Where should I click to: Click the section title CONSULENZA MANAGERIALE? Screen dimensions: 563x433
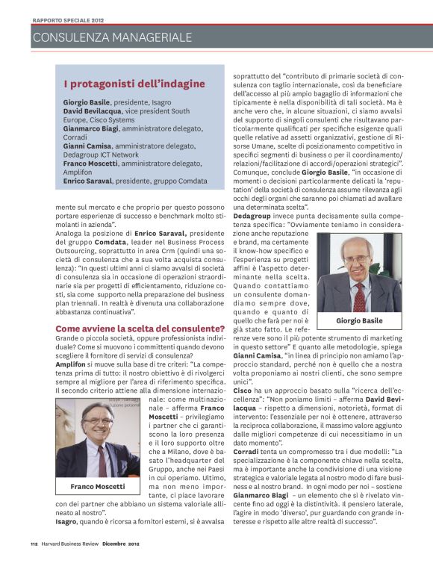click(x=113, y=37)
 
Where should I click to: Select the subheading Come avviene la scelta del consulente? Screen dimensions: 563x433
click(x=140, y=328)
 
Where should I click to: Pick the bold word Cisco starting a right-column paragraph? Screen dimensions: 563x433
click(x=243, y=389)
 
